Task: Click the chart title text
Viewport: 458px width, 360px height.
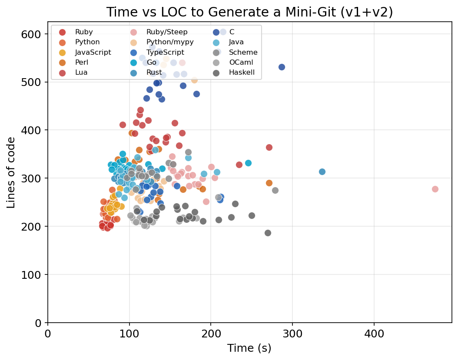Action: tap(249, 12)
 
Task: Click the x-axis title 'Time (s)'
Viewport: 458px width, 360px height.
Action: tap(249, 348)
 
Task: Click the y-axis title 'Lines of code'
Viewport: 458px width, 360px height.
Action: tap(11, 172)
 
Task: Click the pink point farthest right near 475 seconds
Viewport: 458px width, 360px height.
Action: tap(435, 189)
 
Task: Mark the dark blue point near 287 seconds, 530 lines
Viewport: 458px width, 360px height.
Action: tap(282, 67)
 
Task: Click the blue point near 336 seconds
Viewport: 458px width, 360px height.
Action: tap(322, 172)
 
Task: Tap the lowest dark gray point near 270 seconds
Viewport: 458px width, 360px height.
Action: tap(268, 233)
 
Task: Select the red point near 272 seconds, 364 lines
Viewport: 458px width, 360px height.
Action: tap(269, 147)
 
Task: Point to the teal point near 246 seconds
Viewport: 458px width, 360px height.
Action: tap(248, 163)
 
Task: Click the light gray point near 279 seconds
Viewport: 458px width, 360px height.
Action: tap(275, 190)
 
